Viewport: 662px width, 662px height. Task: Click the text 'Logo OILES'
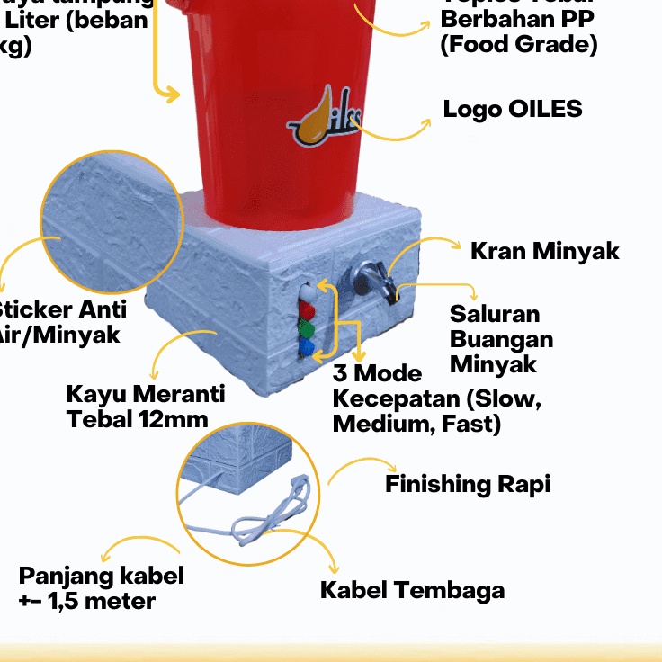513,109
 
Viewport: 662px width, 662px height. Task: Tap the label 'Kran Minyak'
545,250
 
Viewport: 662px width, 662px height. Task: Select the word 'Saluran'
495,314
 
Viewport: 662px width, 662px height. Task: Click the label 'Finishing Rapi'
468,484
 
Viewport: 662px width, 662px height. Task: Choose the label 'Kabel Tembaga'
412,590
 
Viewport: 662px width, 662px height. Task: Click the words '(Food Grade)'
519,44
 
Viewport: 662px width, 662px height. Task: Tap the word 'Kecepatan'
390,398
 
